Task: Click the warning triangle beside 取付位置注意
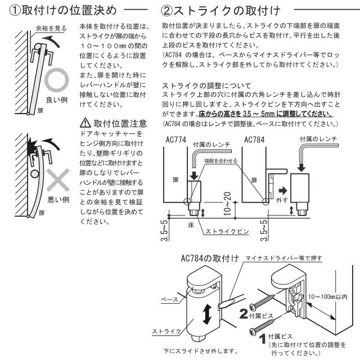click(x=85, y=123)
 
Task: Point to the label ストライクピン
click(x=223, y=231)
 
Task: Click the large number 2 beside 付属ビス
click(x=244, y=314)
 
